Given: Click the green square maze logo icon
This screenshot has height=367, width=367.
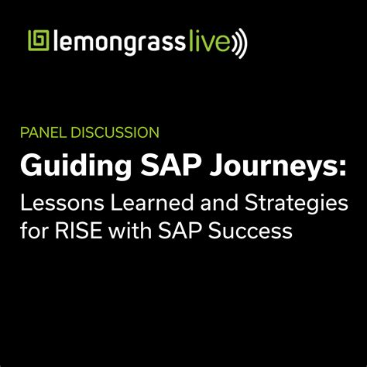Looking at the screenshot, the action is [x=39, y=40].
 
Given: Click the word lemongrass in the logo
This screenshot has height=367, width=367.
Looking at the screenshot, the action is [x=119, y=42].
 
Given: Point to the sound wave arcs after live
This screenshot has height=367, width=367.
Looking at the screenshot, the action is [x=239, y=43].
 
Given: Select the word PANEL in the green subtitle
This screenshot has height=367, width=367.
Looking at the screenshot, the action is [x=43, y=132].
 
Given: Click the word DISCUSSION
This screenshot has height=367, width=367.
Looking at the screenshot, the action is [x=115, y=132].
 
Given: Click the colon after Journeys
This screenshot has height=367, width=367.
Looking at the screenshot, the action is [x=343, y=168].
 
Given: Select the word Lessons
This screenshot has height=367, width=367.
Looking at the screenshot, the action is [x=62, y=203].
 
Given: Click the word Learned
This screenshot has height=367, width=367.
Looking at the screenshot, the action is [x=152, y=203].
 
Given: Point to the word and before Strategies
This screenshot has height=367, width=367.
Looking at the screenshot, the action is [x=219, y=203].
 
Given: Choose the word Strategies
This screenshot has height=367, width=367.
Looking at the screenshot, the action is [x=297, y=204].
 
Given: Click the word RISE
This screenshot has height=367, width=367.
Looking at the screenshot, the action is [x=78, y=230].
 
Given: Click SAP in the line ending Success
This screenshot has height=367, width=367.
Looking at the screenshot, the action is [x=180, y=230].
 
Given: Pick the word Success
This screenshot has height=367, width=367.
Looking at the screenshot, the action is [x=250, y=230].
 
